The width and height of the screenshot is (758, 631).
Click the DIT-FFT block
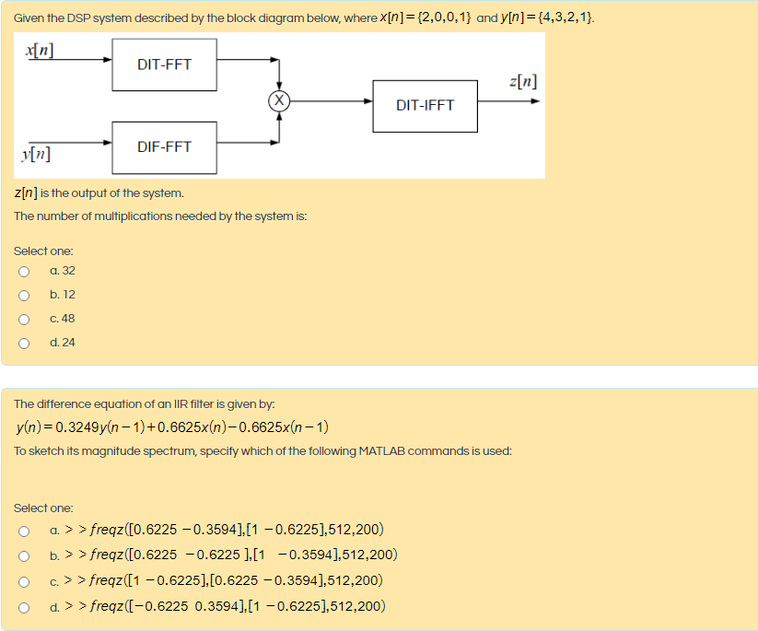tap(164, 64)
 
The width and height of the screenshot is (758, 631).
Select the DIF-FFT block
tap(164, 146)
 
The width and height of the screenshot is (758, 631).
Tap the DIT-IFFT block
tap(425, 105)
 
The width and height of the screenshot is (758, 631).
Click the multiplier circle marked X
tap(278, 99)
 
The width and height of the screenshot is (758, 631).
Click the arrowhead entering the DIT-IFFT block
tap(368, 100)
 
